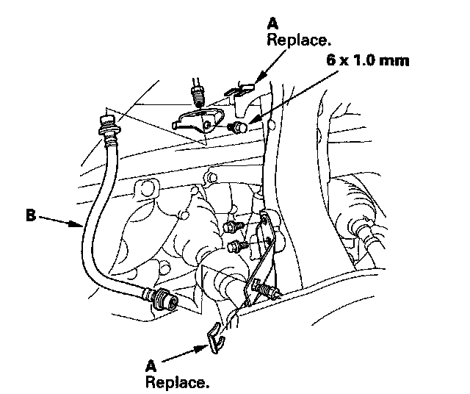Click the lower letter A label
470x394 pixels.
point(150,365)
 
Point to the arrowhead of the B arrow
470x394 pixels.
point(81,226)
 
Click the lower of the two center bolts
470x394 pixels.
point(235,245)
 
